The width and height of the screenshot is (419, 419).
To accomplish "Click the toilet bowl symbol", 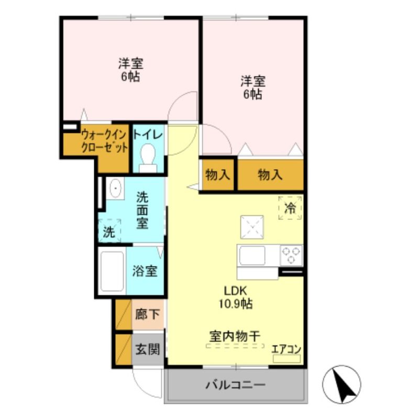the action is tap(148, 158).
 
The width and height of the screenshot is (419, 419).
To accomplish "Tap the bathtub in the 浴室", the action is tap(112, 271).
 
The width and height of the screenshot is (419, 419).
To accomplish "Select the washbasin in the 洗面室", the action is tap(115, 188).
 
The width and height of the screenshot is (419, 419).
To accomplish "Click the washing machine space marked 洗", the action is tap(109, 231).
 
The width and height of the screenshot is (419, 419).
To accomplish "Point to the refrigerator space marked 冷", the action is tap(290, 208).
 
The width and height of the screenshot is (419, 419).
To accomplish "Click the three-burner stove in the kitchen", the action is tap(291, 255).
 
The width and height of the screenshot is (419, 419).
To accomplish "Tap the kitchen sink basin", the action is tap(252, 256).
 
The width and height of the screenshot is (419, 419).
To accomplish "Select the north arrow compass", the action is tap(341, 384).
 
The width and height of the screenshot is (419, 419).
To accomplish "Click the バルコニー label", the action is tap(235, 385).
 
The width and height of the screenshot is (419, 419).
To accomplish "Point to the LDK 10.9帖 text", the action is tap(235, 297).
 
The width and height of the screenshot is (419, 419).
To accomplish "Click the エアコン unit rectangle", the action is tap(286, 359).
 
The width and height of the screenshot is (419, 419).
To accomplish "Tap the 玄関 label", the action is tap(148, 349).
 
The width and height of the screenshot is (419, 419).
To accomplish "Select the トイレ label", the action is tap(148, 135).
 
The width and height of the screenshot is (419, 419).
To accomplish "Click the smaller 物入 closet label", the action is tap(217, 175).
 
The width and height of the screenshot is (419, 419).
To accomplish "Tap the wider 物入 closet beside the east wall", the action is tap(270, 175).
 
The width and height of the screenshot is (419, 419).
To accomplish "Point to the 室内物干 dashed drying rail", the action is tap(235, 346).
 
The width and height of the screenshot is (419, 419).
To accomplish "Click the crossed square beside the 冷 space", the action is tap(252, 227).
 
